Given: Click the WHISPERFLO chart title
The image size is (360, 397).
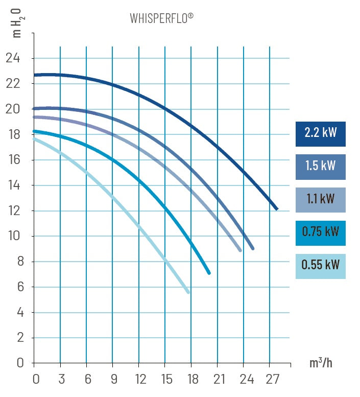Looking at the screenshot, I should click(161, 19).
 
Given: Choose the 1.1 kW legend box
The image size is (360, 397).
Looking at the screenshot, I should click(320, 200).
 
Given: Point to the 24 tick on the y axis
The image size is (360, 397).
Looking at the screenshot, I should click(13, 58).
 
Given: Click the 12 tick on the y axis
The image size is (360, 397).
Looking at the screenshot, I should click(13, 211).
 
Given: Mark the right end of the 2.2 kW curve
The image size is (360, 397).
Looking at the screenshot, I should click(276, 208).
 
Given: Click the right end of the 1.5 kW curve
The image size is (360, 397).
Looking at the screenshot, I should click(252, 248).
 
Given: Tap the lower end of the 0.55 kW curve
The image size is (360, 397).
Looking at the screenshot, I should click(188, 292).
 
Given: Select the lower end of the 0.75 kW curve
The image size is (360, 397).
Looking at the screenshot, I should click(208, 273).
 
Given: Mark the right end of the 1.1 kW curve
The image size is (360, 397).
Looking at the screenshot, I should click(239, 250).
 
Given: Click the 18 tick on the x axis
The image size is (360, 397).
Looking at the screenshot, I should click(193, 380).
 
